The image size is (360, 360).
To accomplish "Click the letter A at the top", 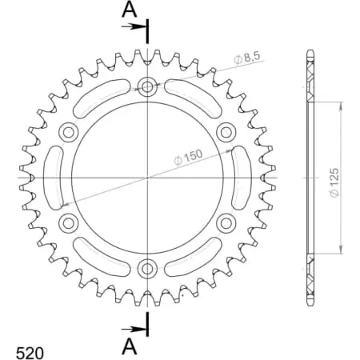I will pos(128,10).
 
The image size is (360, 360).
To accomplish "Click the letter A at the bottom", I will pos(128,345).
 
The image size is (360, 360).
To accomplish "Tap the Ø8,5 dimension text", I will pos(249,57).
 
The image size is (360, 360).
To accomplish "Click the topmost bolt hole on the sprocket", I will pos(148,87).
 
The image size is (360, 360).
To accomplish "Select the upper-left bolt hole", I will pos(70,132).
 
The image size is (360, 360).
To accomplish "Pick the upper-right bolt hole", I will pos(226,132).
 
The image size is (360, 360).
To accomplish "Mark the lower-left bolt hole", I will pos(70,222).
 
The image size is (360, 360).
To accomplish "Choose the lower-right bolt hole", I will pos(226,222).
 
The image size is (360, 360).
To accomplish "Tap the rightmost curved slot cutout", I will pos(240,177).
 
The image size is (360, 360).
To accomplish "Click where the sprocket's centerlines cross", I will pos(148,177).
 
